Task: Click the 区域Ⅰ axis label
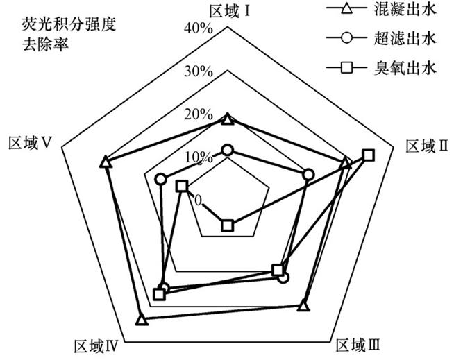[x=230, y=12]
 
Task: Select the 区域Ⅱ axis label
[x=427, y=146]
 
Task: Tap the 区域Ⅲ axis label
[x=358, y=345]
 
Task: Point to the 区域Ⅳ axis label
[x=96, y=346]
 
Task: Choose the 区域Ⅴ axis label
[x=30, y=143]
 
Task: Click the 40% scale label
[x=199, y=28]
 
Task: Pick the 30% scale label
[x=199, y=71]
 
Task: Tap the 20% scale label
[x=199, y=115]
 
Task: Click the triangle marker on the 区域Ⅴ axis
[x=106, y=162]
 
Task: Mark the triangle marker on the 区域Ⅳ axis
[x=142, y=320]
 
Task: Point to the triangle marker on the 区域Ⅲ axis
[x=303, y=306]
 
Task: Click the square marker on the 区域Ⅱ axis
[x=369, y=155]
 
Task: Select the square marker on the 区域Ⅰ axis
[x=227, y=225]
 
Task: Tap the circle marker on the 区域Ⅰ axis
[x=227, y=150]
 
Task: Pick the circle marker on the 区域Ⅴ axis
[x=160, y=180]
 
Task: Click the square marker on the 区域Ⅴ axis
[x=182, y=186]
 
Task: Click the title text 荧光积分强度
[x=69, y=24]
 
